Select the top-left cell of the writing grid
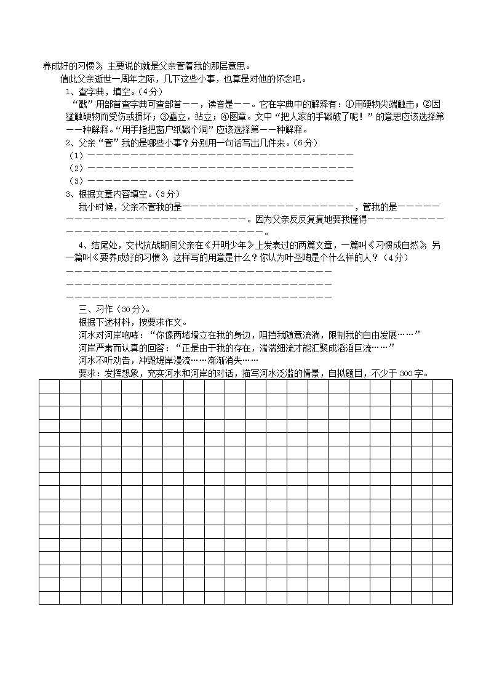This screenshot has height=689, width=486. pyautogui.click(x=49, y=386)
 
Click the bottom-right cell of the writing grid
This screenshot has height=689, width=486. pyautogui.click(x=442, y=597)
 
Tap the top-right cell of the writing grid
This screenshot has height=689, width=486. pyautogui.click(x=442, y=386)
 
